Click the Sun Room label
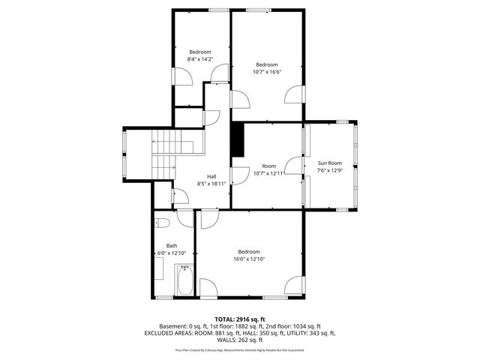330,163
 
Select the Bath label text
172,246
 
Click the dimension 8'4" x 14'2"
200,58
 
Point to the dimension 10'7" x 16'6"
267,71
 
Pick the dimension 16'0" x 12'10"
249,259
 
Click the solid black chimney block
238,140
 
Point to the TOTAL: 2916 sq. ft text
240,319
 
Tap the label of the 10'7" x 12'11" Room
268,166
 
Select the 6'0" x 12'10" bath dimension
172,253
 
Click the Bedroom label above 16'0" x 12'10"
249,251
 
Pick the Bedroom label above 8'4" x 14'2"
200,51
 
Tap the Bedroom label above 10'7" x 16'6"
267,64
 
